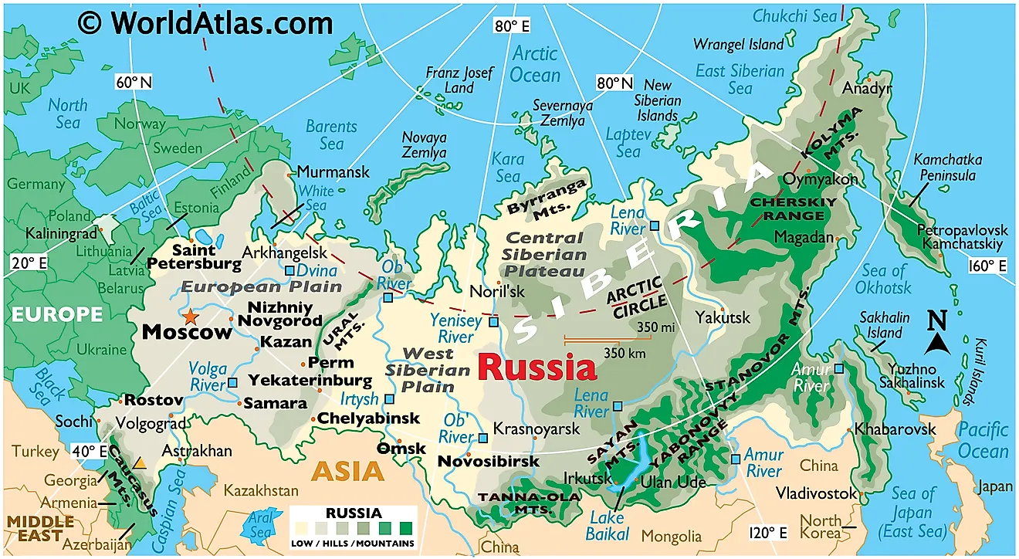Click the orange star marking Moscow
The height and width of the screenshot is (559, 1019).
pos(189,316)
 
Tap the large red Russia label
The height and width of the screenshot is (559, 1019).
pos(537,368)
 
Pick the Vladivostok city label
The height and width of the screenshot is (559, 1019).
pos(816,493)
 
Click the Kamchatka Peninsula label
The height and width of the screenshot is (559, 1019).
pos(947,168)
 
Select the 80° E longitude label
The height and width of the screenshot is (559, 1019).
pos(512,26)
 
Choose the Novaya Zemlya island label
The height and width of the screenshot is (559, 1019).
pos(424,145)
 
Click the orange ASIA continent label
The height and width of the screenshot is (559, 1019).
pos(347,471)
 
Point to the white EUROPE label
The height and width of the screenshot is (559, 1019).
pos(56,313)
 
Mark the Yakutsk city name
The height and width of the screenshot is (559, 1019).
pos(722,317)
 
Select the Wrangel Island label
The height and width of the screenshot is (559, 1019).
pos(738,44)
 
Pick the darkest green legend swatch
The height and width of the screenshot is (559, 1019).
pos(405,530)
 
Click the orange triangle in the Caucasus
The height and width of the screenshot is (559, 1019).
pos(139,463)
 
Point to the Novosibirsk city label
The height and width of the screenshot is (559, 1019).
pos(488,461)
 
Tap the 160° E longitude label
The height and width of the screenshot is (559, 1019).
pos(987,266)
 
